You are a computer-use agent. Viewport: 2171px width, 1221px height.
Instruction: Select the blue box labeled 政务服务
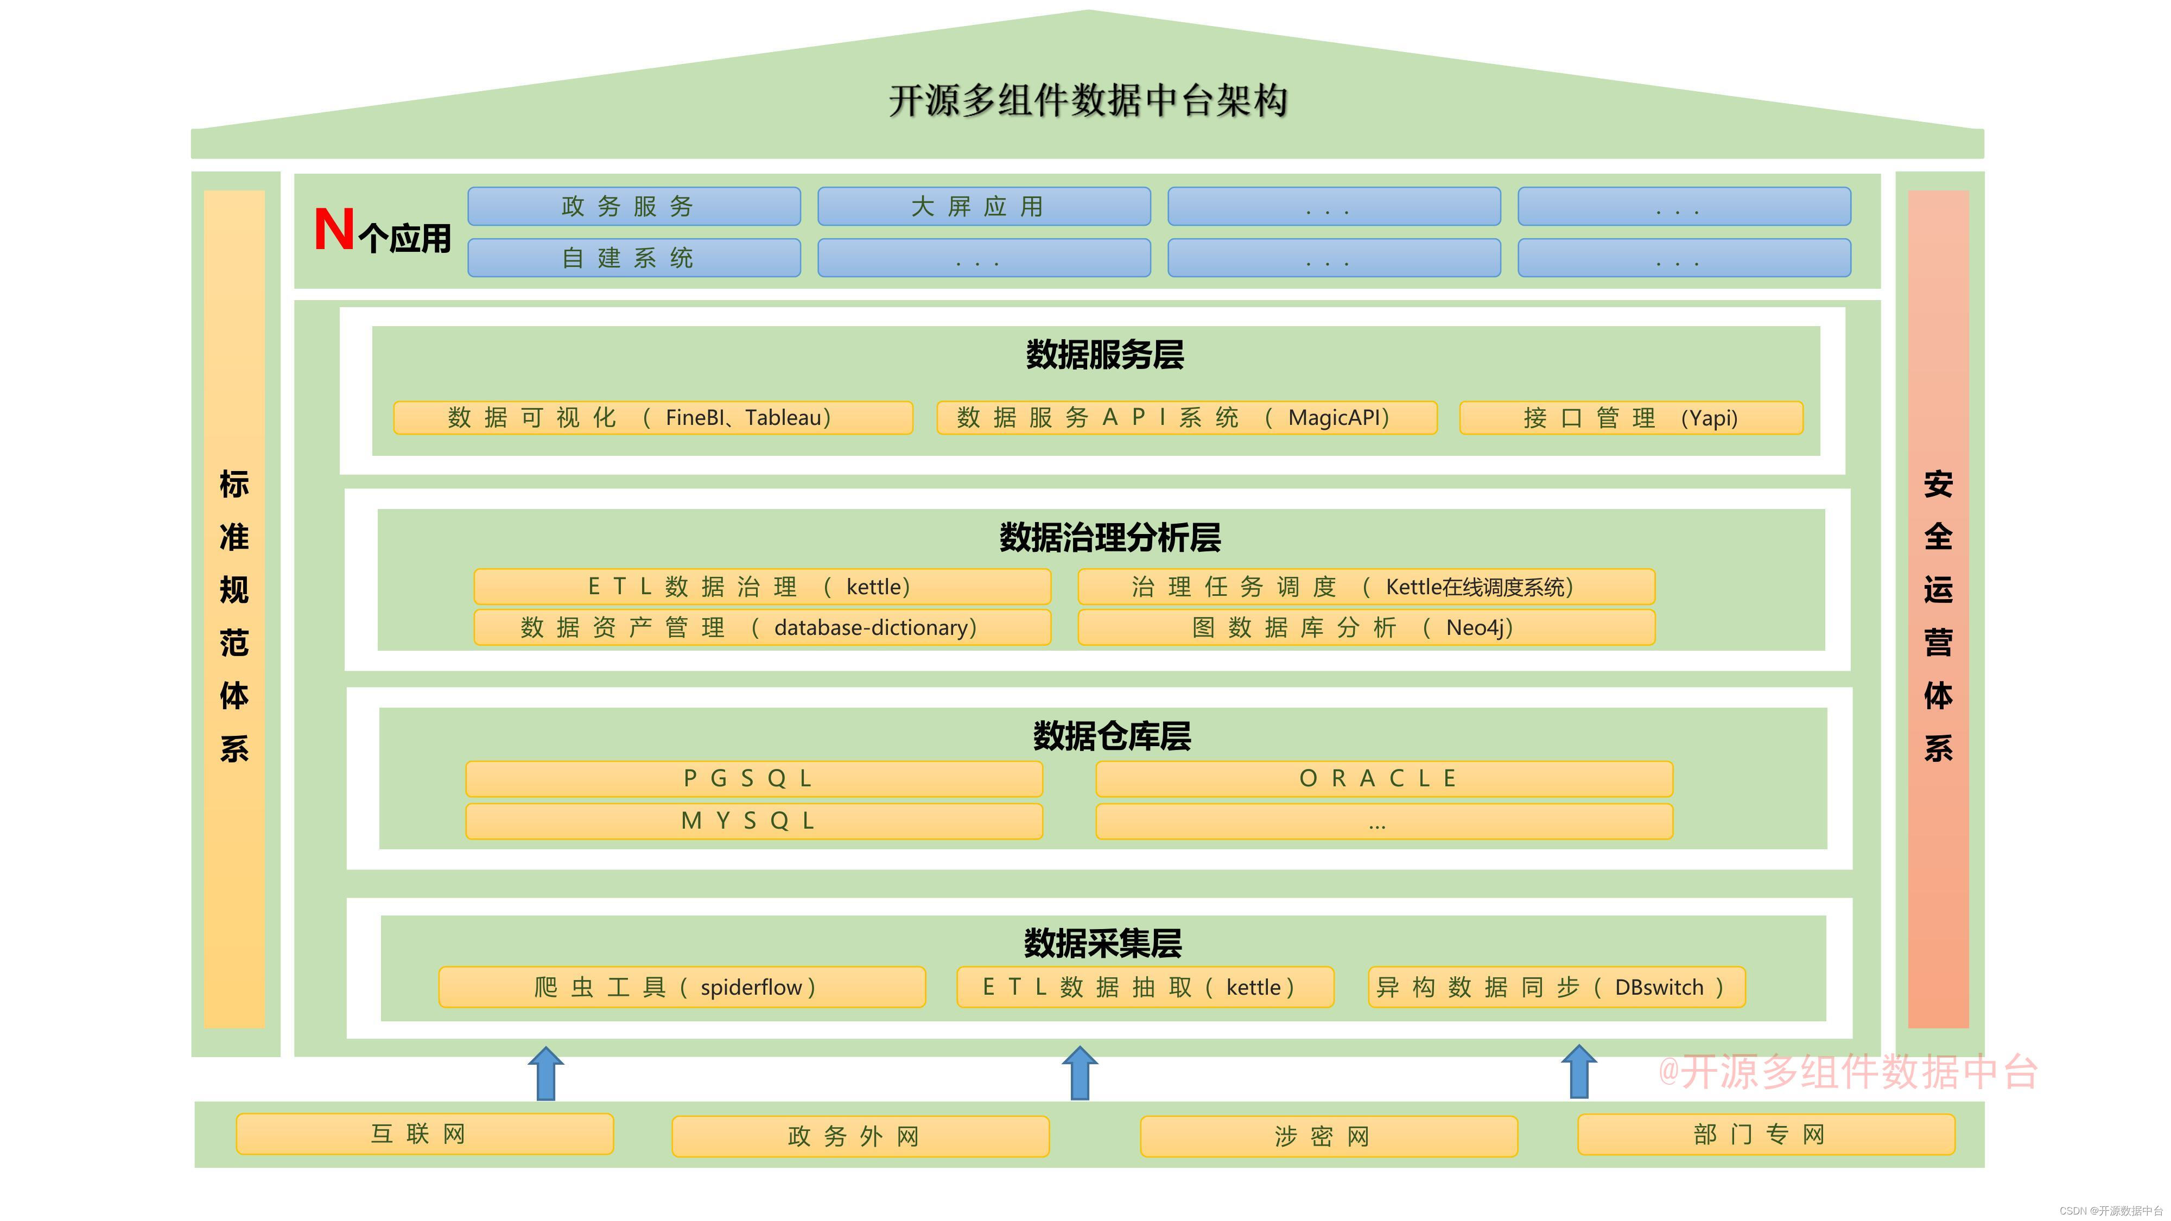click(634, 206)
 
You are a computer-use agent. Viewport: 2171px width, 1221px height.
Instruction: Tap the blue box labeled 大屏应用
click(983, 206)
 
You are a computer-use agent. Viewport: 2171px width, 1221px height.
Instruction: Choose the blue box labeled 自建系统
click(634, 258)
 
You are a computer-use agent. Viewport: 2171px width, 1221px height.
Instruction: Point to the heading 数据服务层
click(1104, 355)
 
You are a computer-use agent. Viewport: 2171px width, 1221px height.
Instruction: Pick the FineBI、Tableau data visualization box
click(653, 418)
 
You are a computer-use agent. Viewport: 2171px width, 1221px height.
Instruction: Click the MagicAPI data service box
click(1186, 418)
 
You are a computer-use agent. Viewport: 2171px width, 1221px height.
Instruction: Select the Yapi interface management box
click(1631, 418)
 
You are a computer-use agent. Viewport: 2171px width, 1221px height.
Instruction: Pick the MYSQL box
click(754, 821)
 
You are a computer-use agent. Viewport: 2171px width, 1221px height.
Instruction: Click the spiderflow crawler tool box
click(682, 987)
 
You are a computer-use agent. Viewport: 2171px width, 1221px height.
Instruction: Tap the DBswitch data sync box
click(1556, 987)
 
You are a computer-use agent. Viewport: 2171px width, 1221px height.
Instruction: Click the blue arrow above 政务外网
click(1080, 1073)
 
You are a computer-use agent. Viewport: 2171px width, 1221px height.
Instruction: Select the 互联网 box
click(425, 1134)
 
